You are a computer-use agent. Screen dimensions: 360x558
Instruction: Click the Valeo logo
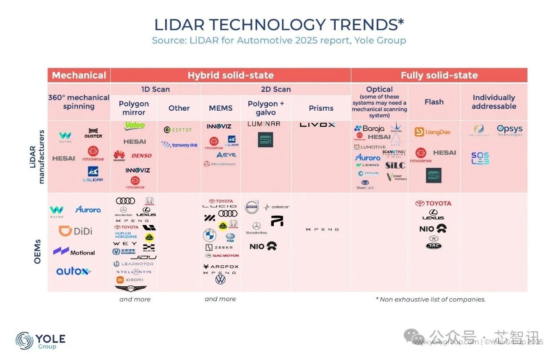pyautogui.click(x=135, y=126)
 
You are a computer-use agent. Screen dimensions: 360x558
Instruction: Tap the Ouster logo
pyautogui.click(x=93, y=133)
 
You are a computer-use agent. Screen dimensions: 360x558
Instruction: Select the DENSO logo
pyautogui.click(x=142, y=156)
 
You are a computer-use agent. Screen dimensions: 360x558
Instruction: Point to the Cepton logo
pyautogui.click(x=178, y=129)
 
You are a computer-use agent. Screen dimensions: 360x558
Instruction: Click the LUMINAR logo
pyautogui.click(x=264, y=124)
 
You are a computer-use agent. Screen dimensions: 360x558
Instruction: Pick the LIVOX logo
pyautogui.click(x=317, y=125)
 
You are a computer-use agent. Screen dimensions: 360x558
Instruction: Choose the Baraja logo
pyautogui.click(x=369, y=129)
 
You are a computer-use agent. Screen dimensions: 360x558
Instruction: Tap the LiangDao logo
pyautogui.click(x=432, y=132)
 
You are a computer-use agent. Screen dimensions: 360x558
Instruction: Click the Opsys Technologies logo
pyautogui.click(x=509, y=130)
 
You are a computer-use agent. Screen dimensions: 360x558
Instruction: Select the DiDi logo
pyautogui.click(x=75, y=231)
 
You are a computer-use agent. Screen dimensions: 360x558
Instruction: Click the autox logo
pyautogui.click(x=73, y=271)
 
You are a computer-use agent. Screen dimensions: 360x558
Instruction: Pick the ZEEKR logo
pyautogui.click(x=221, y=247)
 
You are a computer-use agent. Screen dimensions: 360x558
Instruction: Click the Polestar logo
pyautogui.click(x=276, y=207)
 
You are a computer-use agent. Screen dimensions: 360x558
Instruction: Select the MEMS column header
pyautogui.click(x=221, y=108)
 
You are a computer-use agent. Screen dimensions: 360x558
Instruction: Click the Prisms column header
pyautogui.click(x=321, y=108)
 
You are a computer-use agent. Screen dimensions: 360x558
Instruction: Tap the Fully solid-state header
pyautogui.click(x=439, y=75)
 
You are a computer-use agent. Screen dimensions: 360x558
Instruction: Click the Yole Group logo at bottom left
pyautogui.click(x=41, y=340)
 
